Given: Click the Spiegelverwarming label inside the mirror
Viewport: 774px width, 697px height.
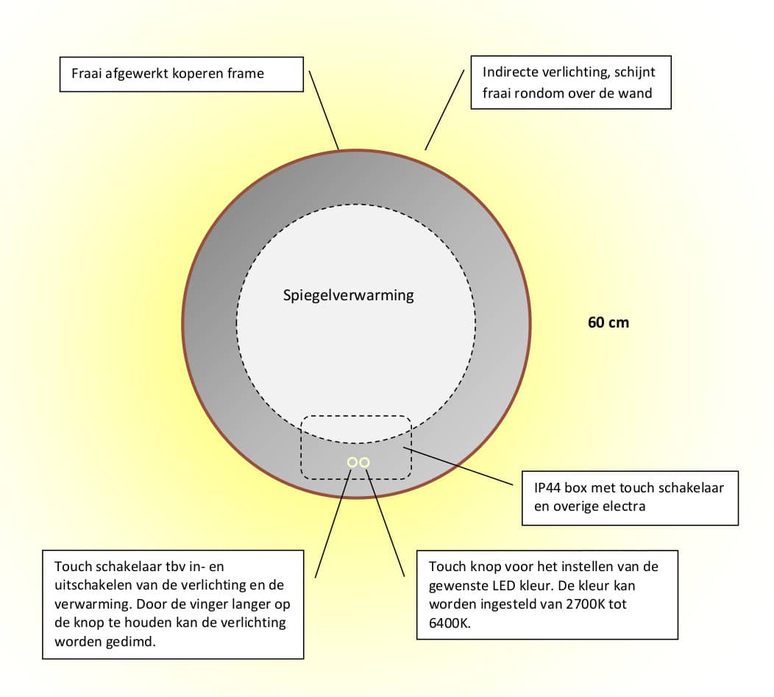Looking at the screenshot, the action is pyautogui.click(x=348, y=295).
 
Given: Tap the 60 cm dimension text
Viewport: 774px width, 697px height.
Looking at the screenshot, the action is pyautogui.click(x=608, y=322).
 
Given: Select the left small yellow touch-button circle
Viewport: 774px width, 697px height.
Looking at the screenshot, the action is pyautogui.click(x=352, y=462).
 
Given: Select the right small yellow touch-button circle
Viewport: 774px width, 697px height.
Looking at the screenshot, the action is pyautogui.click(x=364, y=462).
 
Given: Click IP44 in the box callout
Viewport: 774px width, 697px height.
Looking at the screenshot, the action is pyautogui.click(x=547, y=488).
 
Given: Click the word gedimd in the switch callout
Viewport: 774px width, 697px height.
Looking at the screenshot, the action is pyautogui.click(x=129, y=643).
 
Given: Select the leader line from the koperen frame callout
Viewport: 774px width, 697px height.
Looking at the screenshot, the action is pyautogui.click(x=324, y=110).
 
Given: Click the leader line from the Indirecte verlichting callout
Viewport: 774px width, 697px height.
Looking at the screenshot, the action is pyautogui.click(x=444, y=110).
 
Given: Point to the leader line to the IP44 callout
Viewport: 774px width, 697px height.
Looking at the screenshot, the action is pyautogui.click(x=458, y=466).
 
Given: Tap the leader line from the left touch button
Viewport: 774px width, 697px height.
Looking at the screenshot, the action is pyautogui.click(x=333, y=523).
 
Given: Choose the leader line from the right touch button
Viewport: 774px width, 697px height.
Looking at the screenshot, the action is pyautogui.click(x=385, y=523).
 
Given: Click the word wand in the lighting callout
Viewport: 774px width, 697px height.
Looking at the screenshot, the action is pyautogui.click(x=636, y=93).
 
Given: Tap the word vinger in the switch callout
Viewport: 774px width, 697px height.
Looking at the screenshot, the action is pyautogui.click(x=197, y=604).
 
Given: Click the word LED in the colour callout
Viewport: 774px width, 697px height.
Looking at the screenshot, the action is pyautogui.click(x=504, y=586).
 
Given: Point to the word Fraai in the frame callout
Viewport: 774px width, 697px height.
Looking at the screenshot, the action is pyautogui.click(x=86, y=74).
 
